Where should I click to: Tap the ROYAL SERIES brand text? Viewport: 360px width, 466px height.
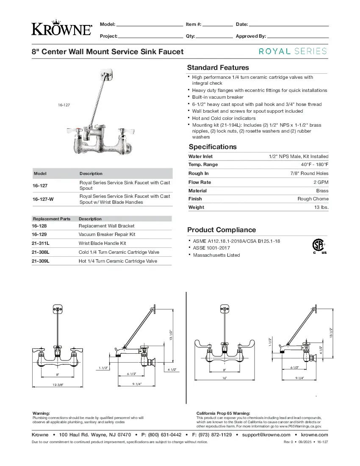pos(293,51)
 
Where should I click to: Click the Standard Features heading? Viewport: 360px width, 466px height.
pos(218,68)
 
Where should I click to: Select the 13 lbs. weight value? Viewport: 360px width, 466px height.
pos(320,208)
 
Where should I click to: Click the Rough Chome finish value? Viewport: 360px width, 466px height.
pos(313,199)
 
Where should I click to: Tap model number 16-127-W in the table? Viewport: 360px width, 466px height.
pos(43,199)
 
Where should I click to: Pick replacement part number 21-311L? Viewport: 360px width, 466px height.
pos(41,244)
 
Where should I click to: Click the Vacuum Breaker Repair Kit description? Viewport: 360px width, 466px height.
pos(107,234)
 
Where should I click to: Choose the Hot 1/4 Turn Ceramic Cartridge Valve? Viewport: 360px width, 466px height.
pos(118,261)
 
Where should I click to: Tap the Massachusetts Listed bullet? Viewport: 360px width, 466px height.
pos(216,255)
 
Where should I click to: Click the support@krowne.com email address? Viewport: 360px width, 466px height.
pos(266,435)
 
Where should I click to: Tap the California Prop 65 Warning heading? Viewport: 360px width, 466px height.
pos(223,413)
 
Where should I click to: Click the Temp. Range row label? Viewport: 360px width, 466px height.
pos(203,165)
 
